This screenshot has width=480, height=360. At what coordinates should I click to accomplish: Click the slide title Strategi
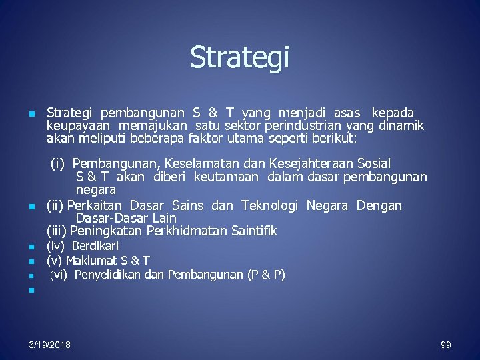[240, 57]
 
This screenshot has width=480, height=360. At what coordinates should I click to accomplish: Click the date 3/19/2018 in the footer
[50, 345]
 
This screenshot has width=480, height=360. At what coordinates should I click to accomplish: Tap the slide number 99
[446, 345]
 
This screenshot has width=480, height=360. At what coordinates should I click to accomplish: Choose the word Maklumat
[89, 260]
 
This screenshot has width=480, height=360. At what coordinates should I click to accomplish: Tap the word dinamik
[401, 126]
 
